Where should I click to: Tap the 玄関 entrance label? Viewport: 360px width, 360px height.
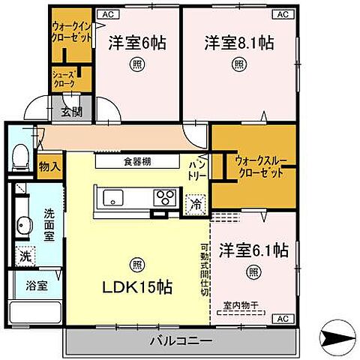click(x=72, y=112)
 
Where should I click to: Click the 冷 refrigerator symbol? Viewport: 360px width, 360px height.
click(x=195, y=202)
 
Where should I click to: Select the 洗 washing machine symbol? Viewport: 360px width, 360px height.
click(x=25, y=256)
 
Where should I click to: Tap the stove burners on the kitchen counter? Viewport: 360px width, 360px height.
click(x=164, y=198)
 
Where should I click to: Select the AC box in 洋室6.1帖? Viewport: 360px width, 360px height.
click(x=283, y=319)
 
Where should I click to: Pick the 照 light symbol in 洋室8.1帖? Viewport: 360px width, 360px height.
click(x=238, y=64)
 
